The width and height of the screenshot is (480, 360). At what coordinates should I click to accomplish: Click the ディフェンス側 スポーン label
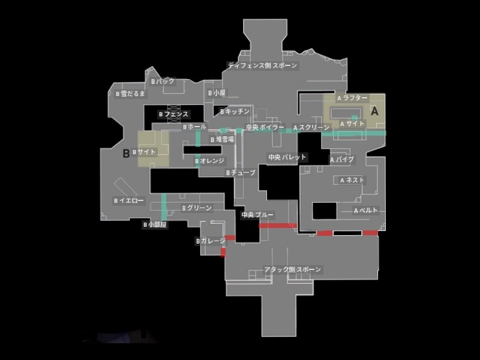click(x=262, y=65)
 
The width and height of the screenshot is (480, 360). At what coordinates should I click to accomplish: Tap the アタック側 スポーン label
click(x=293, y=270)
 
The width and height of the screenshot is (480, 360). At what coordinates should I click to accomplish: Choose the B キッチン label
click(x=234, y=112)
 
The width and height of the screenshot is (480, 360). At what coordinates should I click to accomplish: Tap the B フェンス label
click(x=173, y=114)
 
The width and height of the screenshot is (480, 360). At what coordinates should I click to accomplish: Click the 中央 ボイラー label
click(x=265, y=127)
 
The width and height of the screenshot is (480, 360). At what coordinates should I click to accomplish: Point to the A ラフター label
click(x=354, y=97)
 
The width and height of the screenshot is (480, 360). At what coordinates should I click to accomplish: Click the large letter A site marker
click(x=376, y=111)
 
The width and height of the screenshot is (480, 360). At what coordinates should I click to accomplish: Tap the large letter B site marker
click(x=126, y=153)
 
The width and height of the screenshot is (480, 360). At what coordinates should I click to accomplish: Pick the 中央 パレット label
click(x=287, y=157)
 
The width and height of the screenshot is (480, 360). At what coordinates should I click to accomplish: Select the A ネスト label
click(x=352, y=180)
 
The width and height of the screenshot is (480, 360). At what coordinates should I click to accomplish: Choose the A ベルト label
click(x=365, y=211)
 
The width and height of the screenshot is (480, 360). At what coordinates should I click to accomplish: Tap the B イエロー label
click(x=128, y=201)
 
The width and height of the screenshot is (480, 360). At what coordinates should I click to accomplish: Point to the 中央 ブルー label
click(x=257, y=214)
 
